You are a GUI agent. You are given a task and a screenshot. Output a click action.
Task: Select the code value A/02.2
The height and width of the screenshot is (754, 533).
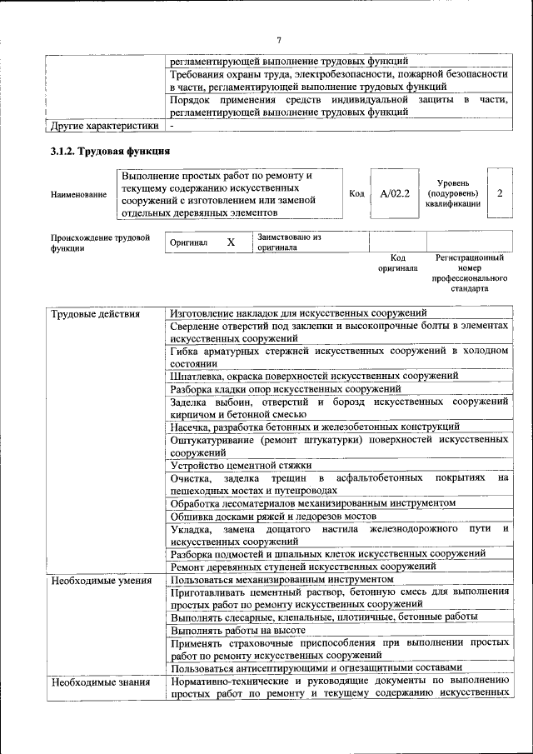pyautogui.click(x=395, y=193)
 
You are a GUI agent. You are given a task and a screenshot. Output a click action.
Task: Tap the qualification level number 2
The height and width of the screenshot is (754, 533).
pyautogui.click(x=500, y=193)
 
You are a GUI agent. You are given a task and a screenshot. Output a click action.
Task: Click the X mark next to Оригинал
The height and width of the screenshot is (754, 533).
pyautogui.click(x=232, y=242)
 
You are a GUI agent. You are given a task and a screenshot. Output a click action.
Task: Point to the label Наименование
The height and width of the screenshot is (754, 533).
pyautogui.click(x=78, y=194)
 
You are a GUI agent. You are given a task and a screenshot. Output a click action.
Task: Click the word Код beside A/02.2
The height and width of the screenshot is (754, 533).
pyautogui.click(x=356, y=193)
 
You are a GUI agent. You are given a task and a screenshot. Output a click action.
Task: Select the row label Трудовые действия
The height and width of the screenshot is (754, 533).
pyautogui.click(x=96, y=314)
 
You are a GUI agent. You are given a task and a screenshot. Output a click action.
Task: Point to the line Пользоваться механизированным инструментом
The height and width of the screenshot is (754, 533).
pyautogui.click(x=281, y=578)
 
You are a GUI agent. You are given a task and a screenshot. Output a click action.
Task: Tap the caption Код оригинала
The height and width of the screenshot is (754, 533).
pyautogui.click(x=397, y=263)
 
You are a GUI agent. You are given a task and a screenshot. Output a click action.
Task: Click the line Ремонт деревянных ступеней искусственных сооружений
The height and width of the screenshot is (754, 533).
pyautogui.click(x=303, y=566)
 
